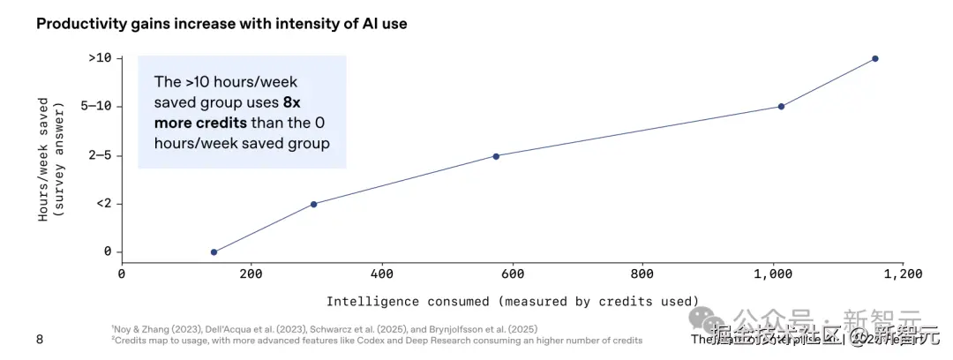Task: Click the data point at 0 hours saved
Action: [x=214, y=252]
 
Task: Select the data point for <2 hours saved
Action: [x=313, y=204]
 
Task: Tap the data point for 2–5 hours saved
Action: [x=496, y=156]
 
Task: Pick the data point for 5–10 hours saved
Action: [x=781, y=107]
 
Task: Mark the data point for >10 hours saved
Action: [x=875, y=58]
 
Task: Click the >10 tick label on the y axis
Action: [x=99, y=58]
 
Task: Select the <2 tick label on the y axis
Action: [x=102, y=204]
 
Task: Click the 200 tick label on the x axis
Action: [x=251, y=274]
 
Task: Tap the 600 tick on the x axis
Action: [x=512, y=274]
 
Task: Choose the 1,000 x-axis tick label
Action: [x=772, y=274]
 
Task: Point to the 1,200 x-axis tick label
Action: [x=903, y=274]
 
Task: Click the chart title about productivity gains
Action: [x=221, y=24]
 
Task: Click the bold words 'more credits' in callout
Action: [x=200, y=122]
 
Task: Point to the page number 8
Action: [x=39, y=340]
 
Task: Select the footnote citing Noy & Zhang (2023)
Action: [x=324, y=328]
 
